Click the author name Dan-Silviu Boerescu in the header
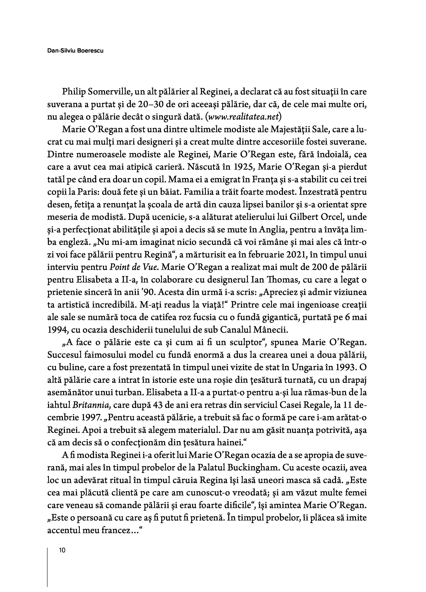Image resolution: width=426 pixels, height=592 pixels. point(75,51)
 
